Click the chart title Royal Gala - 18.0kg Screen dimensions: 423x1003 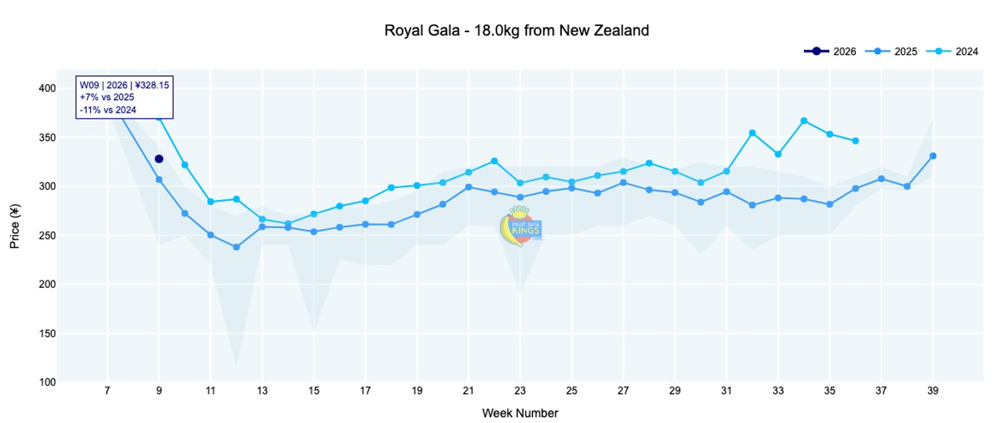click(516, 31)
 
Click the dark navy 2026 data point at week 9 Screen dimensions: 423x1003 click(159, 159)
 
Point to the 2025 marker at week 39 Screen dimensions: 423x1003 click(933, 156)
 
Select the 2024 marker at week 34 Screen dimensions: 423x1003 click(804, 121)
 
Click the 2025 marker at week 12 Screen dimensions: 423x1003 click(237, 247)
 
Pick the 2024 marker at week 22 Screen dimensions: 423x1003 click(494, 161)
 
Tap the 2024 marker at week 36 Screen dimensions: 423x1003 click(855, 141)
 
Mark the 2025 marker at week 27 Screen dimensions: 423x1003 click(623, 183)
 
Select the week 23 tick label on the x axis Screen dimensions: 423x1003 click(520, 390)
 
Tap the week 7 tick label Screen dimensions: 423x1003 click(107, 390)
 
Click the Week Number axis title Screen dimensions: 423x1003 click(520, 413)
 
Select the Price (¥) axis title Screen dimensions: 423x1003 click(16, 235)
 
